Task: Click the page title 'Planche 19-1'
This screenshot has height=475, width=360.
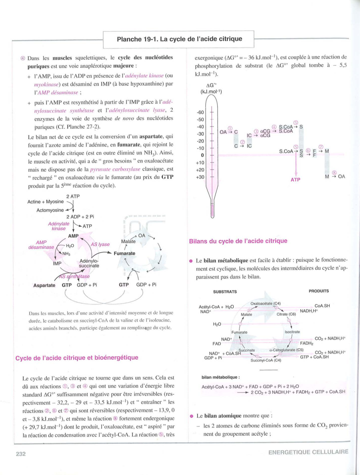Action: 179,39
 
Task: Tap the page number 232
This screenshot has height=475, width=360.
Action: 21,454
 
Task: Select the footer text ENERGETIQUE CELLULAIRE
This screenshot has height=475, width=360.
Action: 308,452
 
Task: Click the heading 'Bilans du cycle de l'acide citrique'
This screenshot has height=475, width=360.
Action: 238,241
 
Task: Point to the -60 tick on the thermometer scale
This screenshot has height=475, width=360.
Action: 200,112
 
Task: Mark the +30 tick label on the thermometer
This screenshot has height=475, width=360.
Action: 200,177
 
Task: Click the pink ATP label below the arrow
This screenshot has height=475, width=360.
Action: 295,180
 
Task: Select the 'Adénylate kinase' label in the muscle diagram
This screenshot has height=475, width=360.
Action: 59,226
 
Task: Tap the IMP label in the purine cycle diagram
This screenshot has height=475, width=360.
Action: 57,263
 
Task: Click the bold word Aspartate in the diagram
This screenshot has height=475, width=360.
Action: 44,285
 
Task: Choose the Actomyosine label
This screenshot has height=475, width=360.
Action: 50,210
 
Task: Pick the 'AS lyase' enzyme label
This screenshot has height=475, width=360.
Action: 100,244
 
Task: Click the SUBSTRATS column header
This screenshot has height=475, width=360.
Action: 225,292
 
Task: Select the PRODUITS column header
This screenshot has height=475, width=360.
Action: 318,291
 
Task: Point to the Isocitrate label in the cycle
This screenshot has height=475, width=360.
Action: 292,332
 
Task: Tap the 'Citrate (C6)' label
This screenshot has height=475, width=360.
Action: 286,314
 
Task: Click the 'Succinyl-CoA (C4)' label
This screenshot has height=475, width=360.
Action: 266,360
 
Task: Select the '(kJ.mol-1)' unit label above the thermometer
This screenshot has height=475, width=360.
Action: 211,92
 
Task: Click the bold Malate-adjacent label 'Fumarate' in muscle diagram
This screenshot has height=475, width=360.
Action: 124,253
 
